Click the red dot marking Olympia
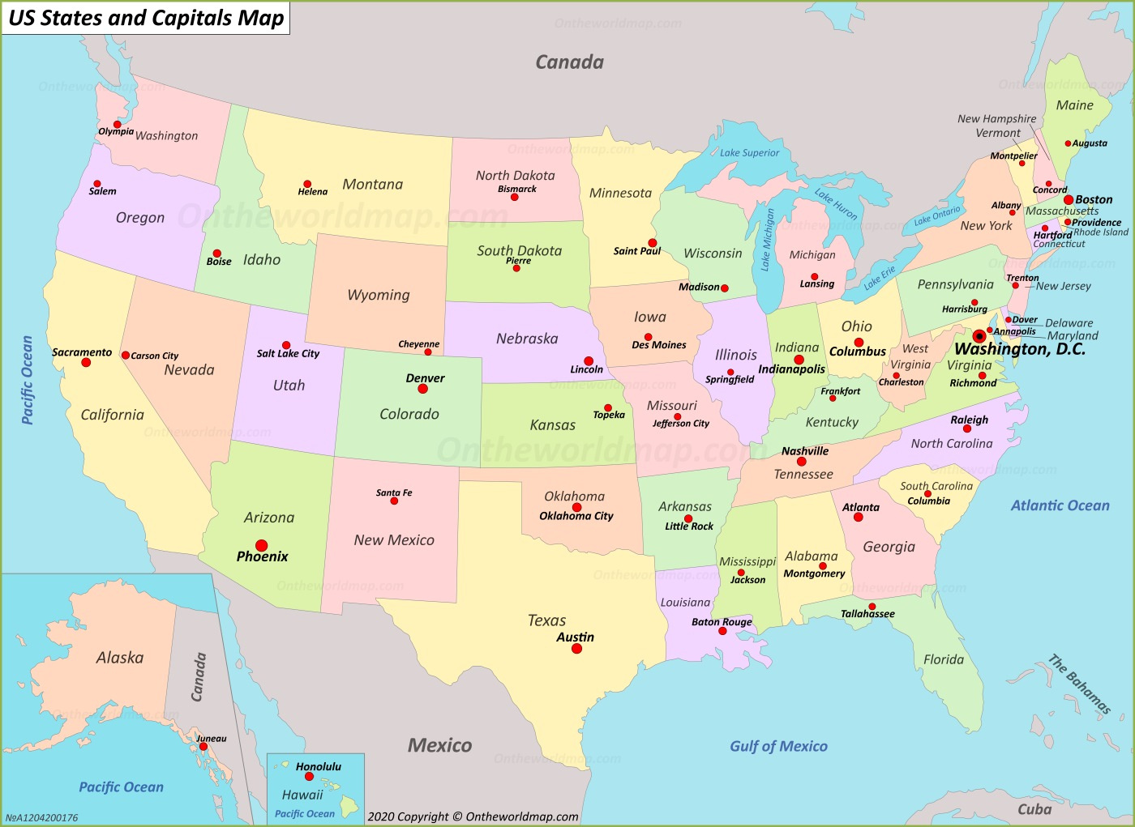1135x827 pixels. click(117, 125)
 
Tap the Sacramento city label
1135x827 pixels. click(82, 352)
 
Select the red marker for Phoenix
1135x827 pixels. click(261, 545)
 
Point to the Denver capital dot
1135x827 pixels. click(422, 389)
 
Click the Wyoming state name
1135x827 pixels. click(379, 295)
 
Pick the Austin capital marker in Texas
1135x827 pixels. click(576, 648)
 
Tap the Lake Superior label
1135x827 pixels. click(749, 152)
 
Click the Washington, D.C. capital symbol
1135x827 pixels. click(979, 336)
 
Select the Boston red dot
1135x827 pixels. click(1069, 199)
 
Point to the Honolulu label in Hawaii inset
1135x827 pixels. click(318, 766)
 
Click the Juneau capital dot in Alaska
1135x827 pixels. click(203, 747)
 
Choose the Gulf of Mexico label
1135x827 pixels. click(778, 746)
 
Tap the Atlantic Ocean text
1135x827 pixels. click(1060, 505)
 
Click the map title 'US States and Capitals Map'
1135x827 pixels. click(146, 18)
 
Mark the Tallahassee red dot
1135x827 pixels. click(872, 606)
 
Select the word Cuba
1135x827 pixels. click(1034, 808)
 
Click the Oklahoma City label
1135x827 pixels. click(576, 516)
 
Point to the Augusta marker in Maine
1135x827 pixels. click(1069, 143)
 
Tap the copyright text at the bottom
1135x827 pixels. click(473, 816)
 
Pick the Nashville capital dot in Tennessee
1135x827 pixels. click(801, 462)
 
